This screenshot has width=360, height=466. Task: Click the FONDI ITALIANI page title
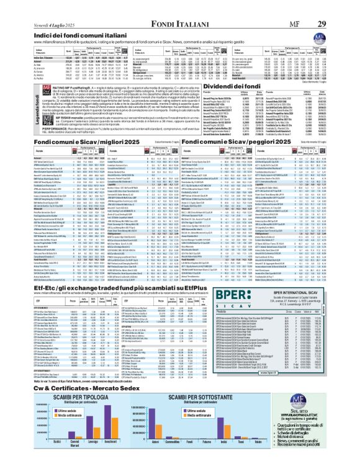(179, 6)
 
